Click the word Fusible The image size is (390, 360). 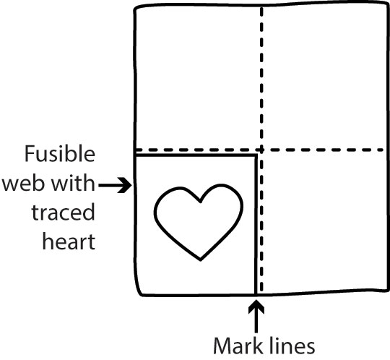[x=60, y=153]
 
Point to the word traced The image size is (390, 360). [x=64, y=212]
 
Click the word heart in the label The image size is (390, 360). [x=69, y=241]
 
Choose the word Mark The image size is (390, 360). [x=238, y=346]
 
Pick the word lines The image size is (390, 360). [x=292, y=346]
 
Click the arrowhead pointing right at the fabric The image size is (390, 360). [x=125, y=185]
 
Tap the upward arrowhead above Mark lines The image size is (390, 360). [x=256, y=307]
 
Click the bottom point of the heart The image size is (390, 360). [x=201, y=260]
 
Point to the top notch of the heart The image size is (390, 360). [x=200, y=201]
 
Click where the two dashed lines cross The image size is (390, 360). [x=261, y=150]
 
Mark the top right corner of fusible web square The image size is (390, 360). [x=256, y=155]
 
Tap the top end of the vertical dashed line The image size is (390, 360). [x=261, y=9]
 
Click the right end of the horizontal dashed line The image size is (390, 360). [x=383, y=150]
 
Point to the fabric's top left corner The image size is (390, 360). [x=136, y=9]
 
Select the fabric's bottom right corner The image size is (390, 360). [x=387, y=289]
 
